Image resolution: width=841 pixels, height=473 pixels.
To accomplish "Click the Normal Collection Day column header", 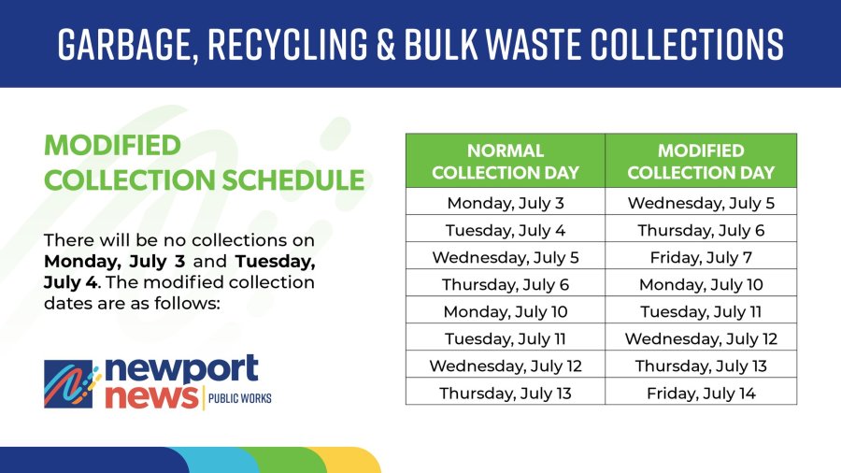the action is tap(506, 161).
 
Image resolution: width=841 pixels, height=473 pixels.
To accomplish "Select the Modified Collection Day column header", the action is tap(701, 161).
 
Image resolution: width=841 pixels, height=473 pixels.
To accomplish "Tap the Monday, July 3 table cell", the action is tap(506, 203).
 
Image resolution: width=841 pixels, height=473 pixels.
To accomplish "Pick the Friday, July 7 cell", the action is tap(701, 257).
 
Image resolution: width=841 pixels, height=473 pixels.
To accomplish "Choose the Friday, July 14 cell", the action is tap(701, 394).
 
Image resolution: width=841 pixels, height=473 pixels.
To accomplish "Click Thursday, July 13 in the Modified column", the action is tap(701, 365).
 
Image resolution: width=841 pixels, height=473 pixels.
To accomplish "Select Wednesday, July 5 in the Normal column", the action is tap(506, 257).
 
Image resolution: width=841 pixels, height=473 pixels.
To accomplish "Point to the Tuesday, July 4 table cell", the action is tap(506, 230).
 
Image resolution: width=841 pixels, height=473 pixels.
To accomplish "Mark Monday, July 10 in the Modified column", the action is tap(701, 284).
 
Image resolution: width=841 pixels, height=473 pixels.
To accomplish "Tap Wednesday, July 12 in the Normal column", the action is tap(506, 365).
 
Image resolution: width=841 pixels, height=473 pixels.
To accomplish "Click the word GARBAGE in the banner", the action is tap(124, 44).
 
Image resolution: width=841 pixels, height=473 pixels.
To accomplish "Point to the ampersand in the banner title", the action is tap(386, 43).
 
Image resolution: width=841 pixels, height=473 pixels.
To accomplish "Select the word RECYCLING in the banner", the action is tap(288, 43).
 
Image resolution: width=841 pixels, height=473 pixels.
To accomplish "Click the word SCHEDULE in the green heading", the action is tap(293, 179).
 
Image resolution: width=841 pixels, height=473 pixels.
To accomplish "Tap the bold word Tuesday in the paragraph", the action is tap(275, 262).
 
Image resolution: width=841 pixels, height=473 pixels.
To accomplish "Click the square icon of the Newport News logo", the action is tap(68, 384).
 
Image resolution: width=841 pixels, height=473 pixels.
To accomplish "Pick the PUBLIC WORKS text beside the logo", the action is tap(240, 398).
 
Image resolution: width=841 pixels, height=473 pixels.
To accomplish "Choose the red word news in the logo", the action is tap(151, 397).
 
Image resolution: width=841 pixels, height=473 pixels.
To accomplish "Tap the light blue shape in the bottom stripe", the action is tap(220, 460).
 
